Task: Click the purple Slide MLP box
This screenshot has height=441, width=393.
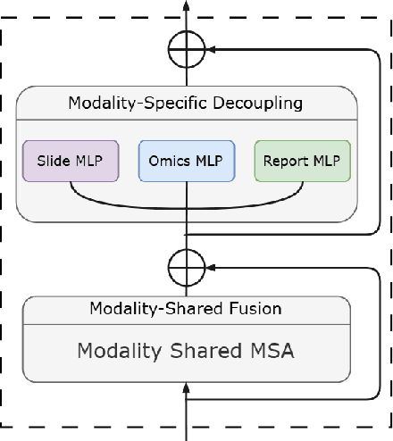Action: pos(70,161)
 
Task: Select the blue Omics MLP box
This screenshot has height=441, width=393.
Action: pos(187,161)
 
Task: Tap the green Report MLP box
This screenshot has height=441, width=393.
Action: pos(303,161)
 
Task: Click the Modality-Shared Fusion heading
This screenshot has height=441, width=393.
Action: pos(186,309)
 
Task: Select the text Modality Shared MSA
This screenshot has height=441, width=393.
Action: pos(186,350)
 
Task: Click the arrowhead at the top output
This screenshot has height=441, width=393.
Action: pos(187,6)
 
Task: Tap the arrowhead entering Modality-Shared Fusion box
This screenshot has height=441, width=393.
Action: pos(187,387)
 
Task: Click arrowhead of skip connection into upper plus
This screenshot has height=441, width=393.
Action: pos(210,50)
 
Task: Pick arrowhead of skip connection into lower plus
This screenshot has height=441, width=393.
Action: pos(210,265)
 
